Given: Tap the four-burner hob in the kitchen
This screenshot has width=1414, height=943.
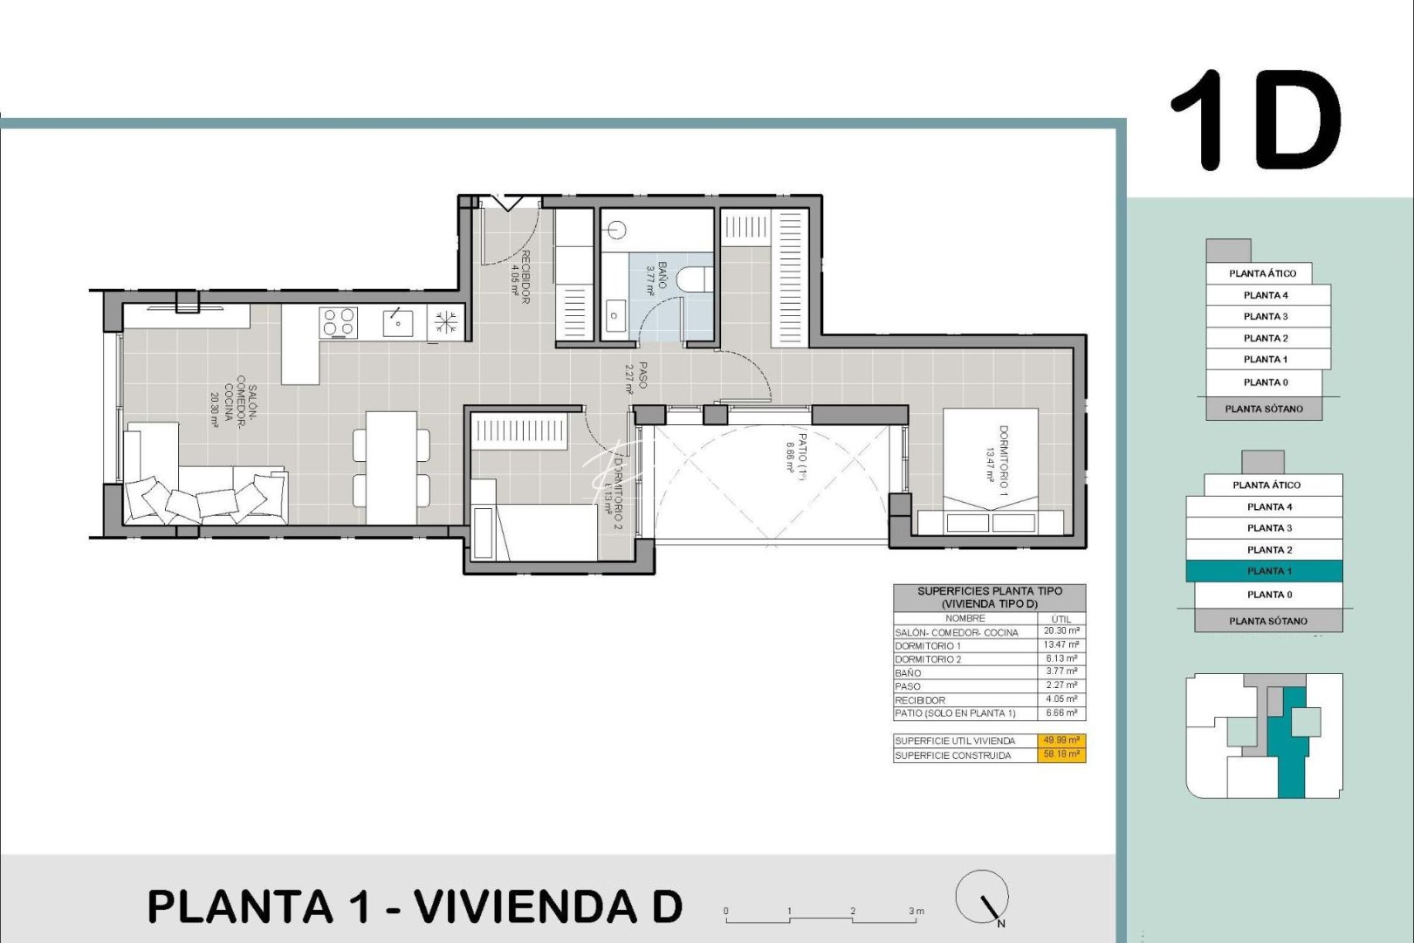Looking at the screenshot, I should [339, 322].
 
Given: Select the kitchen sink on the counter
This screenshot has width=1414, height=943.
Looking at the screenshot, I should [398, 322].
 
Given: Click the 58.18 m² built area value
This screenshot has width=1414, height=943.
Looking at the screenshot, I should [1061, 754].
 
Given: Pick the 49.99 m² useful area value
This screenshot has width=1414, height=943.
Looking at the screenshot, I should [1061, 740].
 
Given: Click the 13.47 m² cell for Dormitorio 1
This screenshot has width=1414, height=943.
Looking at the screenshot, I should [1061, 645].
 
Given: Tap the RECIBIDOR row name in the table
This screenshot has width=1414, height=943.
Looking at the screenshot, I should [920, 700].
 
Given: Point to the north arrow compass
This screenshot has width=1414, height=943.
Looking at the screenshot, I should [983, 898].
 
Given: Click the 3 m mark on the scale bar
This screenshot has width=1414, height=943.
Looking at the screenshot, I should [915, 912].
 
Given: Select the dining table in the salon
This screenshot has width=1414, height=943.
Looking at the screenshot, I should [391, 467].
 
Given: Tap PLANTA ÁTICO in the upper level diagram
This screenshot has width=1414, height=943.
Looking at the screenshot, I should [1262, 273].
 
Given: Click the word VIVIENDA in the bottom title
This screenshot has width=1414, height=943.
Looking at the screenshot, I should [525, 906].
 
